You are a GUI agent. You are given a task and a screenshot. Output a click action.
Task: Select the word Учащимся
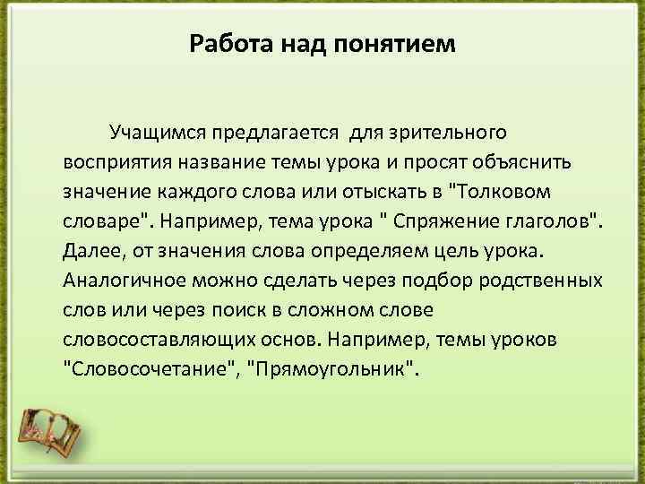(x=156, y=134)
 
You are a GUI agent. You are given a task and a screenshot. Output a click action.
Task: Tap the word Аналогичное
(x=120, y=279)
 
